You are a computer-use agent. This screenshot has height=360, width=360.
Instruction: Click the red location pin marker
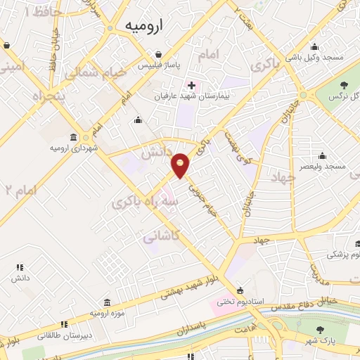click(181, 165)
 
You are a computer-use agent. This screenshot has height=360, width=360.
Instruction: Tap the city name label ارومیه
click(144, 25)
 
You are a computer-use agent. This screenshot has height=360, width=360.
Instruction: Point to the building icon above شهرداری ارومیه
click(74, 136)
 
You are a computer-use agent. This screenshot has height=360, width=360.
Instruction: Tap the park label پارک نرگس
click(340, 95)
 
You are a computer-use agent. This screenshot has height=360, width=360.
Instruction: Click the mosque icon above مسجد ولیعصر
click(323, 155)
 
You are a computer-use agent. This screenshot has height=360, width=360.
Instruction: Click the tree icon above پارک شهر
click(321, 329)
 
